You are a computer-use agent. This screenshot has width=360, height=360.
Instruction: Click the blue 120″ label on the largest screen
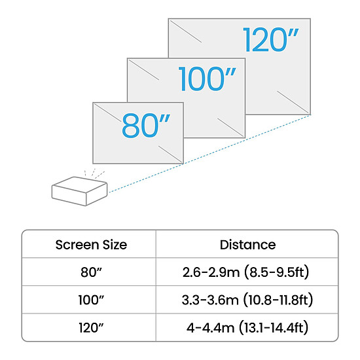(x=270, y=39)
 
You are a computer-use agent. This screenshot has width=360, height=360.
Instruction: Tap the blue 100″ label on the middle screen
(x=207, y=79)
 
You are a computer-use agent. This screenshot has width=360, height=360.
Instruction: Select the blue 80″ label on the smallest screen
(x=146, y=126)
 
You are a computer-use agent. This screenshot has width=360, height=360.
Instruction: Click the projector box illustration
(x=79, y=191)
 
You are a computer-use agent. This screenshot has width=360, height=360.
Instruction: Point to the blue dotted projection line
(x=209, y=154)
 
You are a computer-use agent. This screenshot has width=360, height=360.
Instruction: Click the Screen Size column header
(x=91, y=245)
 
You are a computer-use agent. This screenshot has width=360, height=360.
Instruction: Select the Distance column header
(x=247, y=245)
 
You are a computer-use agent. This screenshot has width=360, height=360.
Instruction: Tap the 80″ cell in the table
(x=91, y=272)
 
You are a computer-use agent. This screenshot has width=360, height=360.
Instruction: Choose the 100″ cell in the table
(x=91, y=300)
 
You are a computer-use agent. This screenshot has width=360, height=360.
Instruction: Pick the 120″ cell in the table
(x=91, y=328)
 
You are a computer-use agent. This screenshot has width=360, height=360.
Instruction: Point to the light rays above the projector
(x=95, y=173)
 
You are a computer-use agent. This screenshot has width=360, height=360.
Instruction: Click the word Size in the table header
(x=115, y=245)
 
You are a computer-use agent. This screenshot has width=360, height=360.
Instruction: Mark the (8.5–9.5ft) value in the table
(x=277, y=272)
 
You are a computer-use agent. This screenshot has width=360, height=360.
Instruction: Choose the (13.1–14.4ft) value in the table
(x=274, y=328)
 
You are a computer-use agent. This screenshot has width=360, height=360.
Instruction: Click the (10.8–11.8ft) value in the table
(x=278, y=300)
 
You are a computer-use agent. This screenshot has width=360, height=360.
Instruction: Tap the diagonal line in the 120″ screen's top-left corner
(x=185, y=31)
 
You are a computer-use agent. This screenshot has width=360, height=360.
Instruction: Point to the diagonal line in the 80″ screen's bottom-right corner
(x=171, y=154)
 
